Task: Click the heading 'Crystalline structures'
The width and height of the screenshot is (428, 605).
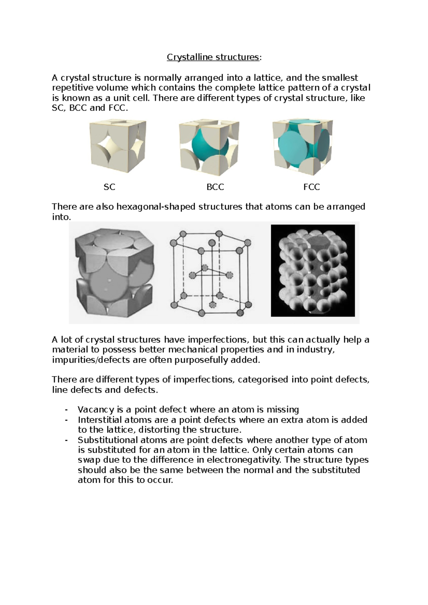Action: click(x=213, y=57)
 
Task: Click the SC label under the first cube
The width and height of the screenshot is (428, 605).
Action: click(x=109, y=187)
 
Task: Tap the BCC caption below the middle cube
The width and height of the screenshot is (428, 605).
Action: click(x=215, y=187)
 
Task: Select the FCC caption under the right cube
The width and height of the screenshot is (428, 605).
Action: click(x=311, y=187)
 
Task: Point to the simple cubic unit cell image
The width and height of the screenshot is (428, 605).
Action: click(x=118, y=147)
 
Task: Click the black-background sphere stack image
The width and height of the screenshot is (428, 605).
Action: click(x=313, y=270)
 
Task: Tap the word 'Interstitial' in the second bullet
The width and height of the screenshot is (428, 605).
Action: click(x=100, y=420)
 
